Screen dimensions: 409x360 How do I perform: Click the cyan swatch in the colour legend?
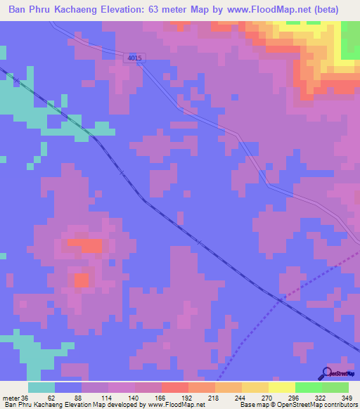41,387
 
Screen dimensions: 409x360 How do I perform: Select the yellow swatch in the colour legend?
281,387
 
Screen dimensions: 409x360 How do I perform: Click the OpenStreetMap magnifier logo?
327,372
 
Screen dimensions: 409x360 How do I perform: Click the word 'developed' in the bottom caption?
127,404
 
